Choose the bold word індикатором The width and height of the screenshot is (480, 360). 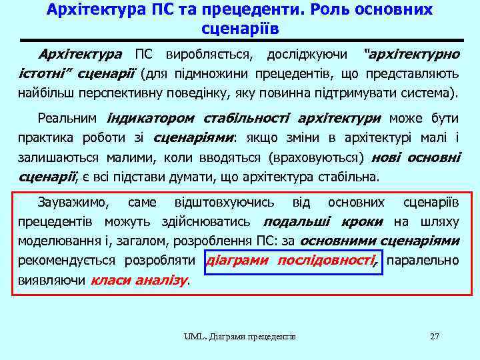(x=150, y=119)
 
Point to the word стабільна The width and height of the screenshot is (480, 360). (x=351, y=177)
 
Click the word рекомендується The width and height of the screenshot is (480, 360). (x=64, y=260)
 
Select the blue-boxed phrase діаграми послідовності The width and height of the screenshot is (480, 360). (x=292, y=260)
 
